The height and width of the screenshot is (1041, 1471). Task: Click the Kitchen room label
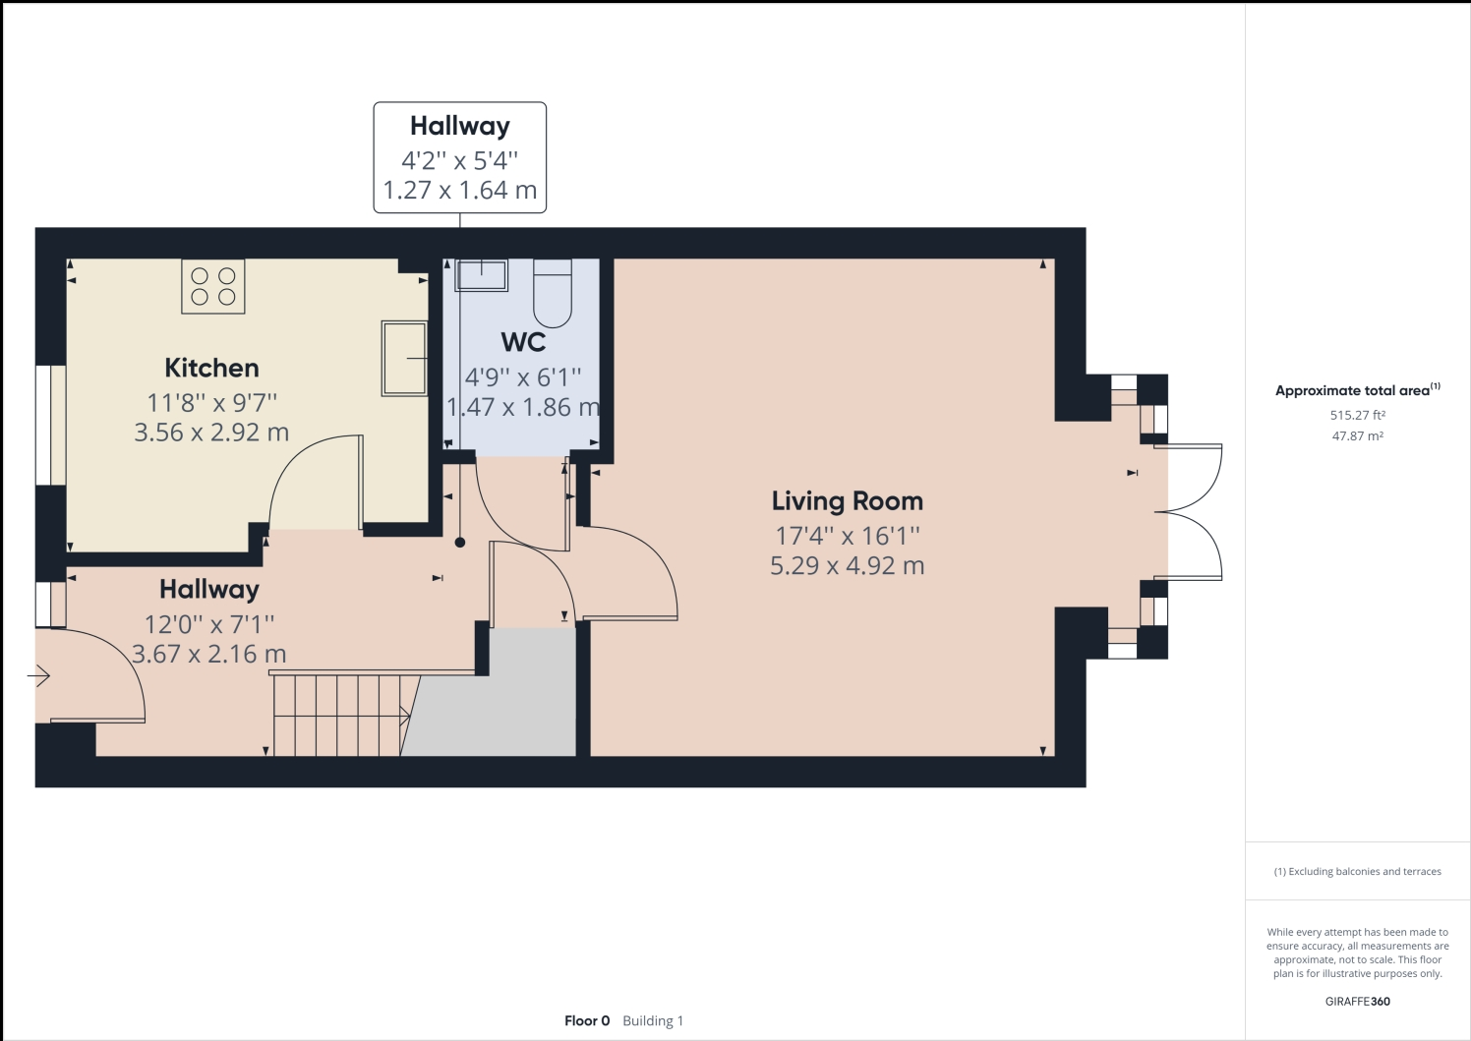(x=211, y=368)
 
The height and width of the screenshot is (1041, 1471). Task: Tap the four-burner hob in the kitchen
(x=213, y=286)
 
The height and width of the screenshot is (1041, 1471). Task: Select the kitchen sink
(x=404, y=359)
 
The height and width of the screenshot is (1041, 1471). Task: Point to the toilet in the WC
(x=553, y=293)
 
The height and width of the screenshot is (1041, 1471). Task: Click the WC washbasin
(x=482, y=275)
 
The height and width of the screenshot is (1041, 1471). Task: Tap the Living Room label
(x=848, y=500)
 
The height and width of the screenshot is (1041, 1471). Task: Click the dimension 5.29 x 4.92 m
(x=848, y=565)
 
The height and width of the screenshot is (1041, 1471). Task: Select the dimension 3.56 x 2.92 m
(x=211, y=433)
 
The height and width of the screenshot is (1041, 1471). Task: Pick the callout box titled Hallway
(x=460, y=157)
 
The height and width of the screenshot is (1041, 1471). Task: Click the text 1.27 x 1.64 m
(x=460, y=191)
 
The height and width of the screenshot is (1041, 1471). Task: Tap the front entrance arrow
(x=38, y=675)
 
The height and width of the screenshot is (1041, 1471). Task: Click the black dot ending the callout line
(x=460, y=543)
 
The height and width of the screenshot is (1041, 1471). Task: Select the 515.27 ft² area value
(x=1357, y=415)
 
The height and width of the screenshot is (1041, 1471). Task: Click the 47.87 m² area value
(x=1357, y=435)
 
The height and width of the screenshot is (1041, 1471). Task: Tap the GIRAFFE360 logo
(x=1357, y=1001)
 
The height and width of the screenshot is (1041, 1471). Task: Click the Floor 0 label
(x=587, y=1020)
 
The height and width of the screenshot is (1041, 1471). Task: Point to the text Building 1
(x=653, y=1020)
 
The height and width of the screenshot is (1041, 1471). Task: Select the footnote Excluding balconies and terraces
(x=1357, y=872)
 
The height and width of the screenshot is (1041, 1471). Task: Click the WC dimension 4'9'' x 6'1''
(x=523, y=377)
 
